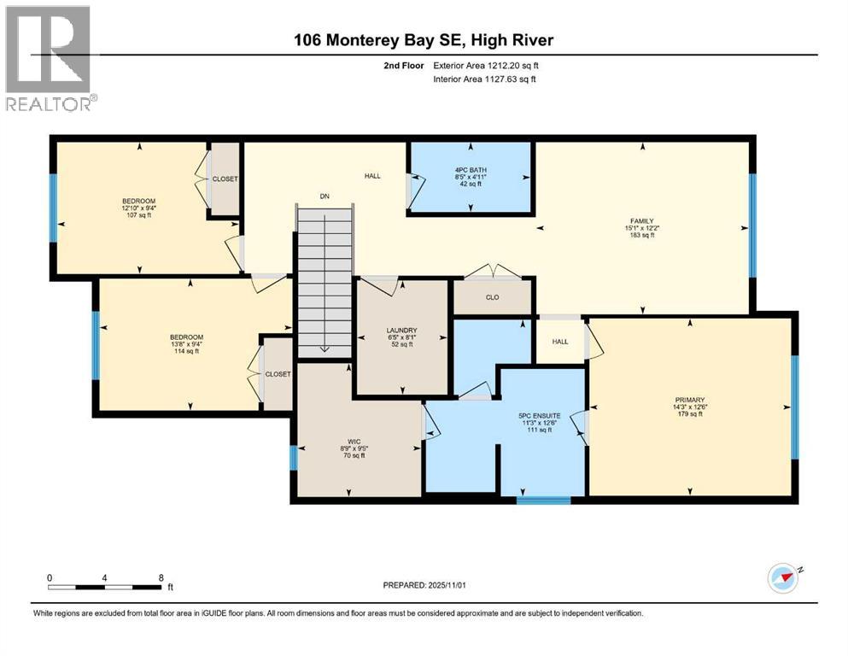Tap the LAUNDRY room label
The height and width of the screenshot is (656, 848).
click(401, 331)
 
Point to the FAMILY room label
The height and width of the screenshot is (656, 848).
click(641, 221)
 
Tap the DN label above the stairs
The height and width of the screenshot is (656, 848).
click(325, 197)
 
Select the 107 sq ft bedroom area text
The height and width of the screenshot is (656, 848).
click(137, 215)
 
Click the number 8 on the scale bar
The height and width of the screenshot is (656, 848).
click(161, 577)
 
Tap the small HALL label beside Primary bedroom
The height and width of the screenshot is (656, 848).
click(559, 341)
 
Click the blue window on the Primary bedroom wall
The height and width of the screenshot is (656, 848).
click(794, 406)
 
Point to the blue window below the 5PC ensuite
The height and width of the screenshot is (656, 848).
click(543, 500)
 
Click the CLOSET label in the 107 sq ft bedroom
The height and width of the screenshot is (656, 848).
click(226, 179)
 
